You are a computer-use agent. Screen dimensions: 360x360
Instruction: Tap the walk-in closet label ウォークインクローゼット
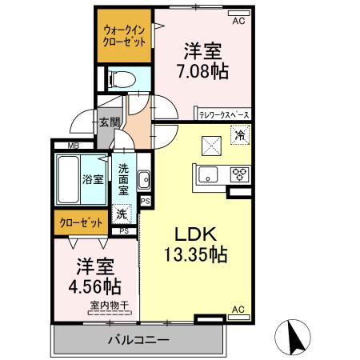[x=123, y=37]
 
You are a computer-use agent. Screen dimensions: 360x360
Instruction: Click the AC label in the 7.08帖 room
[x=238, y=22]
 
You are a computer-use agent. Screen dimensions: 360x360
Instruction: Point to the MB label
[x=73, y=146]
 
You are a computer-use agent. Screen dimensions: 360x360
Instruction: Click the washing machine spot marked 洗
[x=121, y=214]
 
